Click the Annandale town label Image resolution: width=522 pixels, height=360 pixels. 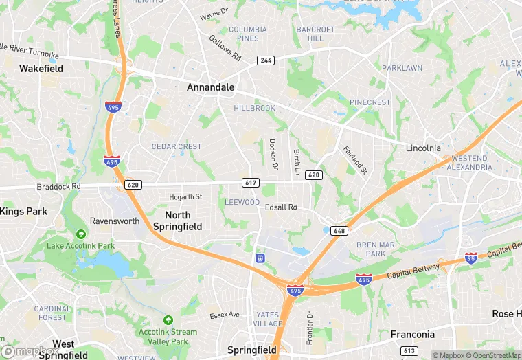pos(211,88)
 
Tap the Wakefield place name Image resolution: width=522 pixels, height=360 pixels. pos(41,69)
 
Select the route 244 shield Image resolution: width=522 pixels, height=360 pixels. pos(266,60)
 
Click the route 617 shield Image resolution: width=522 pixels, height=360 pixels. pos(250,182)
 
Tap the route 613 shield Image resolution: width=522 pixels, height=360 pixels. pos(409,351)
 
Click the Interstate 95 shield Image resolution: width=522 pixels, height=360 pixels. pos(471,258)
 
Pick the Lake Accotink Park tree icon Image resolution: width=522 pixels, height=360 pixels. pos(81,234)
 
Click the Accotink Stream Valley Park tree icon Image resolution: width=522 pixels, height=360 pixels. pos(168,320)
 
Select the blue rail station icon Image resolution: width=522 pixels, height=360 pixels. pos(260,258)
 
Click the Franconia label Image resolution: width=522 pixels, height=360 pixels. pos(412,335)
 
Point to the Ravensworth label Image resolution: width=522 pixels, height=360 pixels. pos(115,221)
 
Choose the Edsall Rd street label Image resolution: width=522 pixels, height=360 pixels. pos(282,207)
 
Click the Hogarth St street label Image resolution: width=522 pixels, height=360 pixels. pos(185,197)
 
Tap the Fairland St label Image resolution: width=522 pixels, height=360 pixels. pos(356,159)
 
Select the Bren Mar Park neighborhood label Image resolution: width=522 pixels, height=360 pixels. pos(376,249)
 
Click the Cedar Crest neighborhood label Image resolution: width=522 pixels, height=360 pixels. pos(177,146)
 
